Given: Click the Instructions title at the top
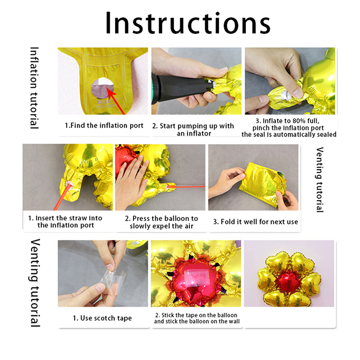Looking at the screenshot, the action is click(x=188, y=23).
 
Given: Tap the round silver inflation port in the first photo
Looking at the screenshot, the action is click(x=103, y=88).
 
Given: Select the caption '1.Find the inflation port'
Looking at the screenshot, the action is click(x=104, y=126).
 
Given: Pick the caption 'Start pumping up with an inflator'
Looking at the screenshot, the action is click(x=193, y=130).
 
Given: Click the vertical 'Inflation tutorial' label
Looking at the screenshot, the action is click(x=34, y=88).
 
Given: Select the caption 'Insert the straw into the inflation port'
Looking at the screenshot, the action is click(x=65, y=221).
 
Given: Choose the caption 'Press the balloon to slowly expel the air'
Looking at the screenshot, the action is click(x=162, y=222).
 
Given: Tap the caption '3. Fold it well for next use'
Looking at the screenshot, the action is click(x=256, y=222).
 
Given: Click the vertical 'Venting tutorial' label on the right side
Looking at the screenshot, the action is click(x=320, y=180).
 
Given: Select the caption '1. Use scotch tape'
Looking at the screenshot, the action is click(x=103, y=318).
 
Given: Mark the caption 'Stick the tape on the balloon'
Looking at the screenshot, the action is click(x=196, y=315).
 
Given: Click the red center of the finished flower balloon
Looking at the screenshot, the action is click(x=288, y=281).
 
